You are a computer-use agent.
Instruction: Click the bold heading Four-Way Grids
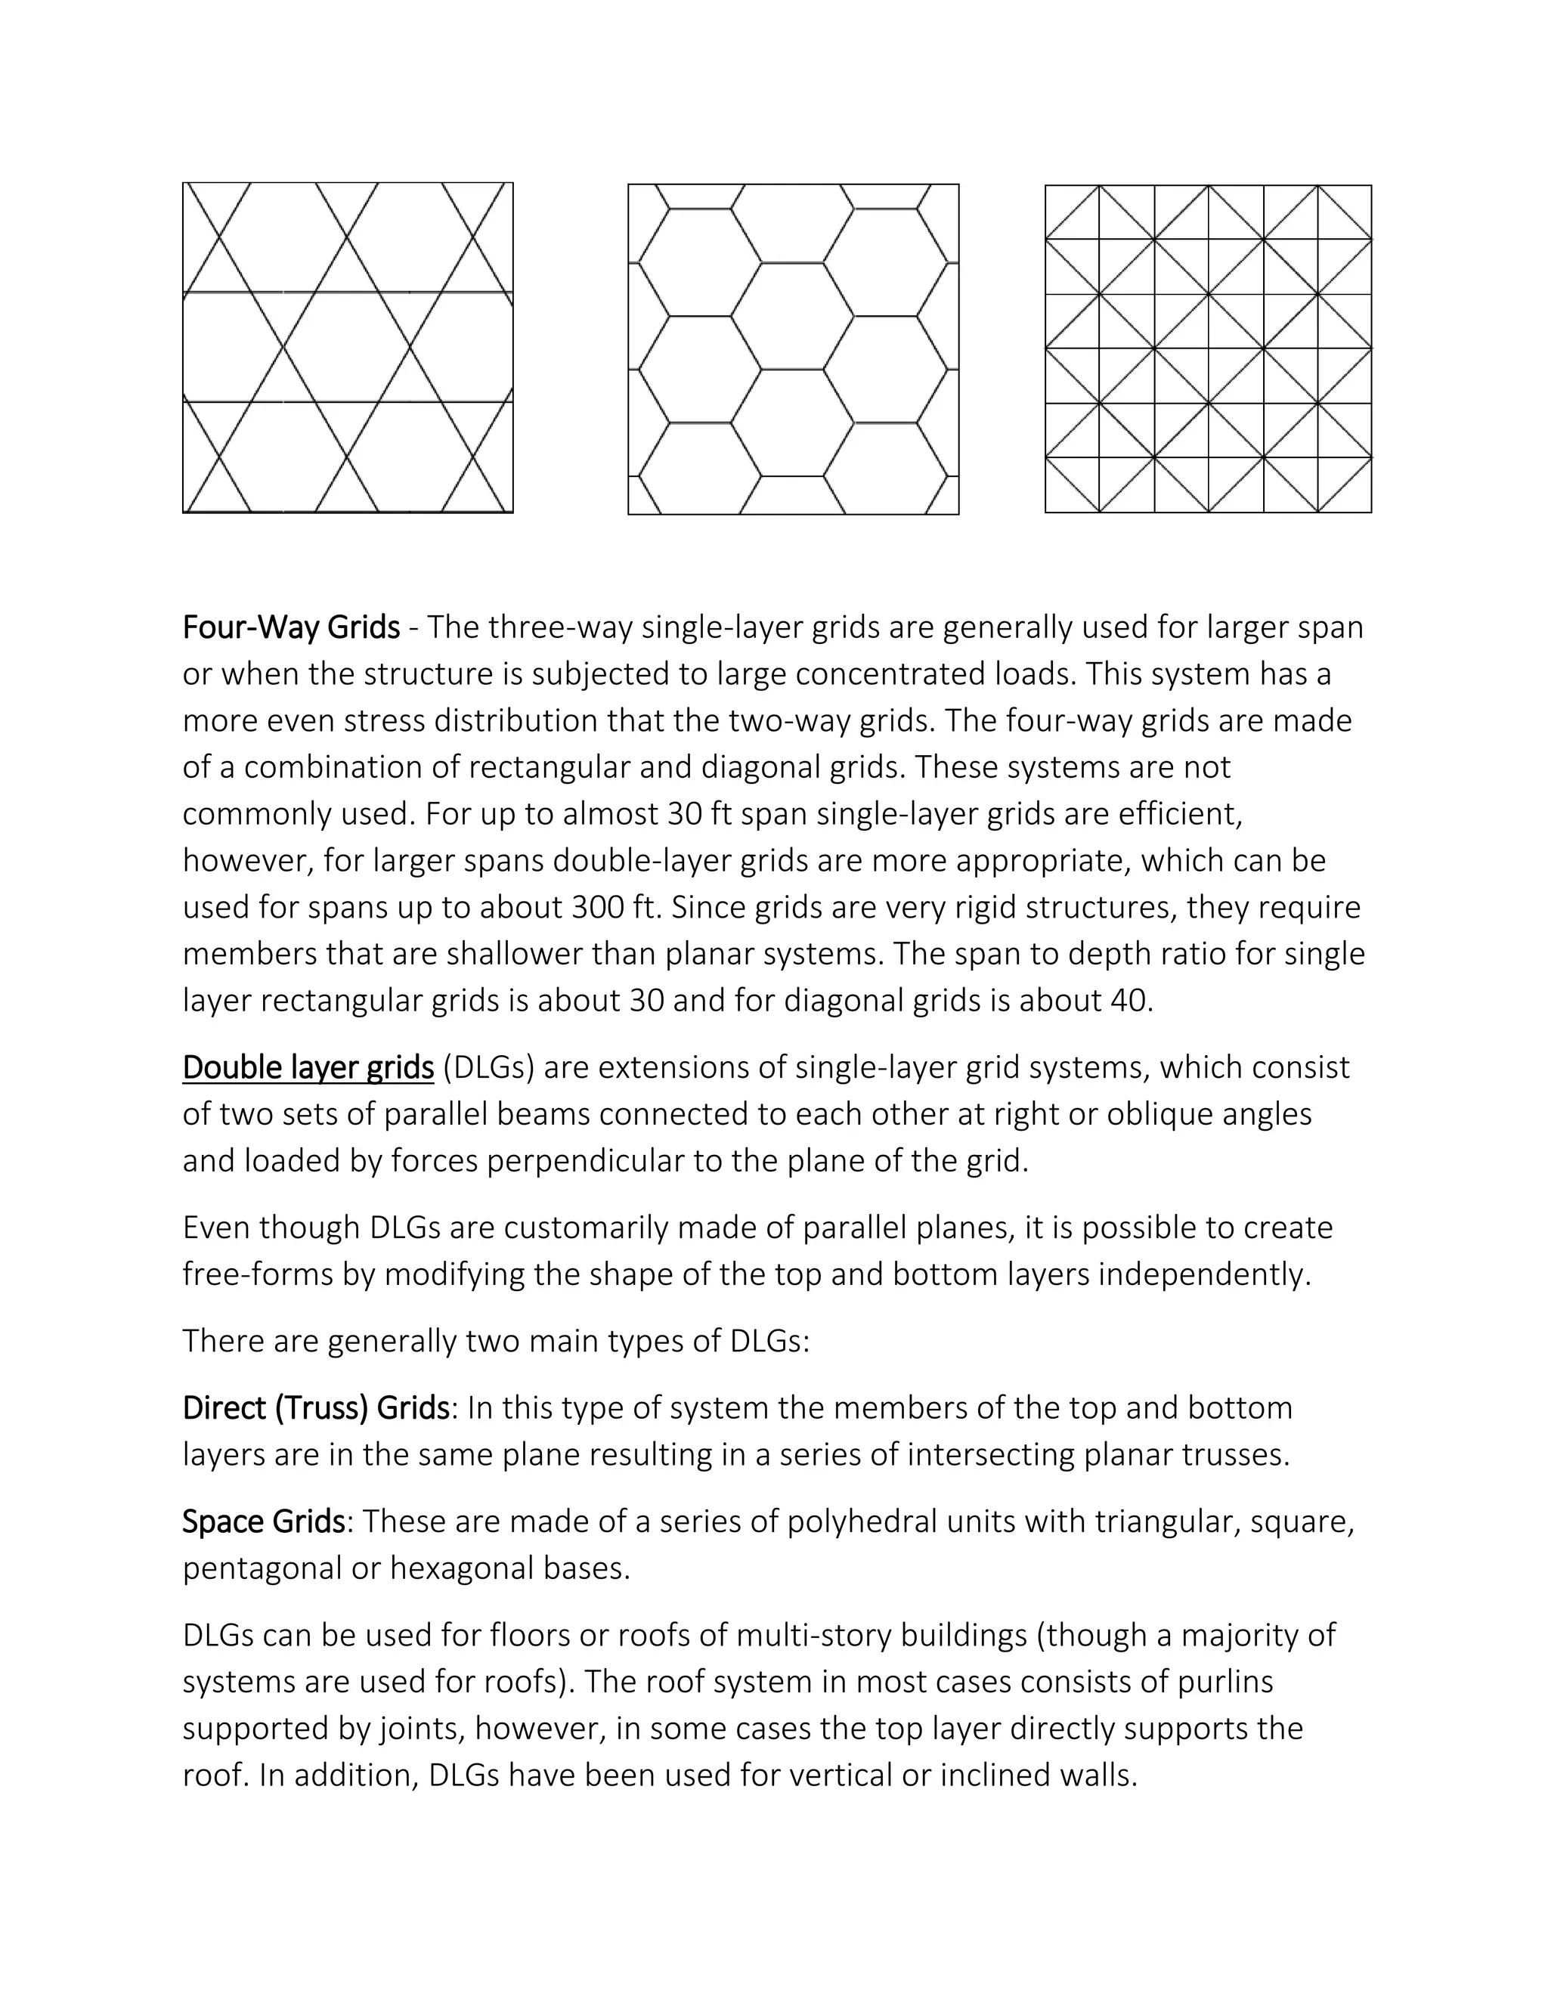pyautogui.click(x=291, y=627)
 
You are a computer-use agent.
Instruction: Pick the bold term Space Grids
pyautogui.click(x=263, y=1522)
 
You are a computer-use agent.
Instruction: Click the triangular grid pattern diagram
pyautogui.click(x=348, y=348)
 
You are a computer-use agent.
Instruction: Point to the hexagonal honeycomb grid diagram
pyautogui.click(x=793, y=348)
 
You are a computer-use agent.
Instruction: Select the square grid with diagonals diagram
pyautogui.click(x=1208, y=348)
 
